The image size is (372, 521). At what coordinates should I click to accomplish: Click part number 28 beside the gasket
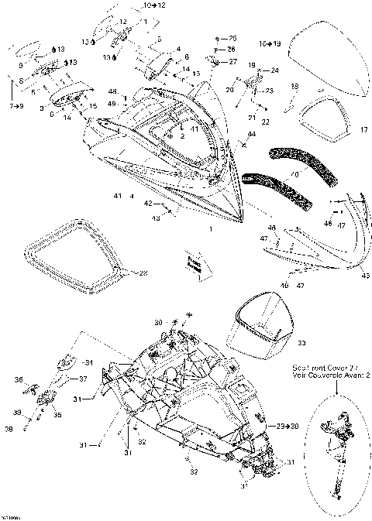140,272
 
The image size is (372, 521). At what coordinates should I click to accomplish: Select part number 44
251,135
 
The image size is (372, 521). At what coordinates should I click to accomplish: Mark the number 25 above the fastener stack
232,38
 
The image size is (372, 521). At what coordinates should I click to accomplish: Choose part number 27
233,61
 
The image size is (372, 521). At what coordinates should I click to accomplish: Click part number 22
265,122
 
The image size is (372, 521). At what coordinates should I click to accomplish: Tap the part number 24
274,70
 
